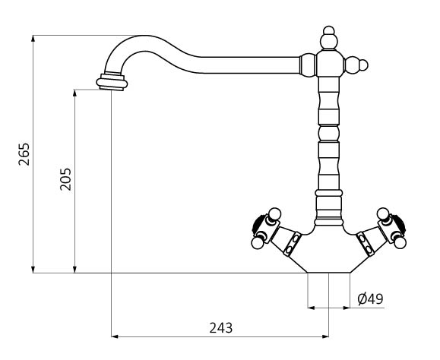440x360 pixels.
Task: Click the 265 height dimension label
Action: coord(24,154)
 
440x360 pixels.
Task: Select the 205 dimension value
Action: coord(65,179)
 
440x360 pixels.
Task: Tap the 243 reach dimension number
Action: coord(221,328)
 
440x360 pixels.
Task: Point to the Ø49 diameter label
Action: coord(370,299)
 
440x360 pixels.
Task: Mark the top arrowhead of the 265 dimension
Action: coord(33,39)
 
